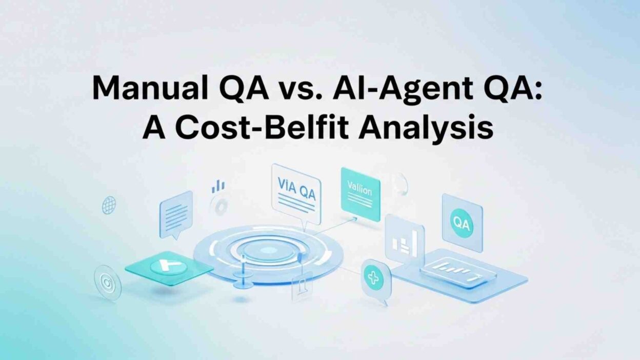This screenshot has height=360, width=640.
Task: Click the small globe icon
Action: point(109,206)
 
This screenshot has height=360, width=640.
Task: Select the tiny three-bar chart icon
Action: point(218,186)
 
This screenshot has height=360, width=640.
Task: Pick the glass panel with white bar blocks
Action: point(405,241)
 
